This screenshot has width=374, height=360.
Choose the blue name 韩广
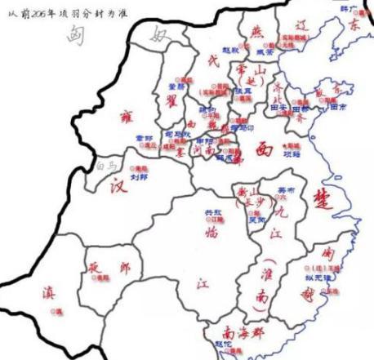click(350, 8)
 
